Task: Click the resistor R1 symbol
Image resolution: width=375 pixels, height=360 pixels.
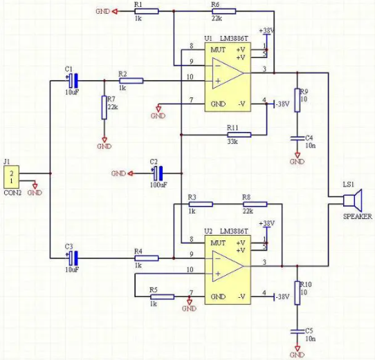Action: (147, 11)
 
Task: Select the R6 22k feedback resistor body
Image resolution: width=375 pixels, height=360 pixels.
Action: (224, 11)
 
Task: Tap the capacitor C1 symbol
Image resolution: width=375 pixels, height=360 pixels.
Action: (73, 81)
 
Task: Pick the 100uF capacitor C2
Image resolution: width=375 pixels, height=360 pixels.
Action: (158, 173)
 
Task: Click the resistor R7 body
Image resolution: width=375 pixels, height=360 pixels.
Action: (104, 108)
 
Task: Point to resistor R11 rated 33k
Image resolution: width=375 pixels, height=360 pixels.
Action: (239, 135)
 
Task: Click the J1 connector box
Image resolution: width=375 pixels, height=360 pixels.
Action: (12, 177)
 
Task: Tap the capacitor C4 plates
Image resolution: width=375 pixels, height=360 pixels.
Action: (298, 139)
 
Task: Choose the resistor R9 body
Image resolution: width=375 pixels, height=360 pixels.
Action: (298, 100)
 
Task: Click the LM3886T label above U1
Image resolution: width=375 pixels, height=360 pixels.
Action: (234, 39)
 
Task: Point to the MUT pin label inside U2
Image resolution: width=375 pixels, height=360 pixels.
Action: (218, 243)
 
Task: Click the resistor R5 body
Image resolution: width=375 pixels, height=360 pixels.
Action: (162, 297)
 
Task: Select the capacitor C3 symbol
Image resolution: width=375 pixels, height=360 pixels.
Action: (73, 258)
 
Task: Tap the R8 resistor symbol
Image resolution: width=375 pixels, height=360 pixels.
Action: (255, 205)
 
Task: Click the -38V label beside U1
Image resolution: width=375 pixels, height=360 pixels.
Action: (282, 104)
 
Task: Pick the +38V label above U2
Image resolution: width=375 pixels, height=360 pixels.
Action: (267, 224)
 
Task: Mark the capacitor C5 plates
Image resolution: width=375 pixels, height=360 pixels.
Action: (298, 332)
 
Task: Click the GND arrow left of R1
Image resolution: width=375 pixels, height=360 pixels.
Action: (115, 11)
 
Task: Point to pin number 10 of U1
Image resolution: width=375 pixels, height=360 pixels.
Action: (190, 77)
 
